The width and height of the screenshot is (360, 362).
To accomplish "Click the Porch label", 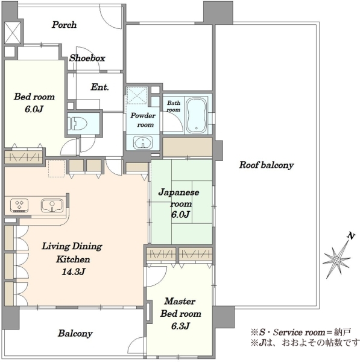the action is (x=64, y=25).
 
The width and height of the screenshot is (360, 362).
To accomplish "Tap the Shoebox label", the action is (x=87, y=58).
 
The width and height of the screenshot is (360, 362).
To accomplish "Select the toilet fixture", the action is (x=78, y=124).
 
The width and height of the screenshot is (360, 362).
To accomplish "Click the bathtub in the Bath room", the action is (x=196, y=116).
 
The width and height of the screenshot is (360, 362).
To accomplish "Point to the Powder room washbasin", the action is (x=143, y=142).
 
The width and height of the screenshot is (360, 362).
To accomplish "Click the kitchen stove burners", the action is (x=19, y=205).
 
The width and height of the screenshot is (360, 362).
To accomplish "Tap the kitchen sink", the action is (x=52, y=206).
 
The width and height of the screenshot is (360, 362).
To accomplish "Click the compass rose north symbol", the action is (x=336, y=261).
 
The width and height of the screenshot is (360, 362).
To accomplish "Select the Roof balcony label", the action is (x=267, y=165).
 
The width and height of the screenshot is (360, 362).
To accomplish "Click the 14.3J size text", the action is (x=74, y=271).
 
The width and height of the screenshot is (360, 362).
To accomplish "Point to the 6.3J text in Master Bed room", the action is (x=180, y=326).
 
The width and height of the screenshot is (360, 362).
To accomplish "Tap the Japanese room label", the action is (x=179, y=198).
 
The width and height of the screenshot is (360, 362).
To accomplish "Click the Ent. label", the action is (x=99, y=87).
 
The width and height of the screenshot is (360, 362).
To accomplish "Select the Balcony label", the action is (x=75, y=333).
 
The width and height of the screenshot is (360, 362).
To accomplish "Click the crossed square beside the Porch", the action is (x=13, y=33).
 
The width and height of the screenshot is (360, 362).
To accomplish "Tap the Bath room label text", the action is (x=174, y=106).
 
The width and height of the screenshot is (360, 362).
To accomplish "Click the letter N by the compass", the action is (x=351, y=236).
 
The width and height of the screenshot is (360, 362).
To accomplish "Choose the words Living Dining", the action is (x=72, y=246).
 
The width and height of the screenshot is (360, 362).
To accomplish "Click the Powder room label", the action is (x=143, y=120).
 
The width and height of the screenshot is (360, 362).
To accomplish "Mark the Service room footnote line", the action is (x=301, y=332).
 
